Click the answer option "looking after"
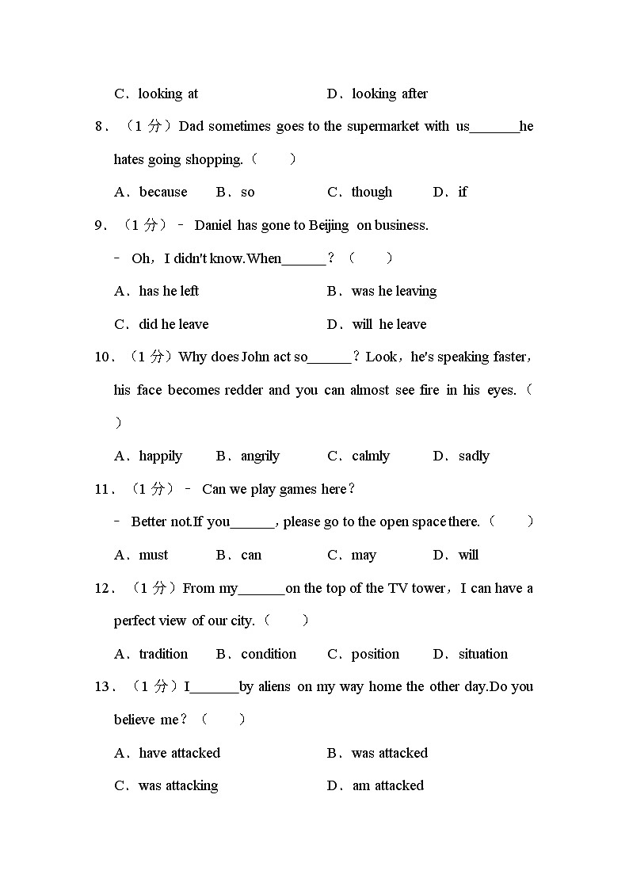(389, 94)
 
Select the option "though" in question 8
(372, 192)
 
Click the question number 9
(100, 225)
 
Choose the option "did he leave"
(173, 324)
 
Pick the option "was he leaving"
(394, 291)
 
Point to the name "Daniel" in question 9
(212, 225)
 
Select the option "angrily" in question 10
(260, 456)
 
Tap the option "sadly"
(474, 456)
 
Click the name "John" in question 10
(253, 357)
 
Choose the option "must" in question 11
(154, 555)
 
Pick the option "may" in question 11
(364, 555)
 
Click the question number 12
(103, 588)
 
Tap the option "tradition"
(163, 654)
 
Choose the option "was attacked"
(389, 753)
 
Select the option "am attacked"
(387, 785)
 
